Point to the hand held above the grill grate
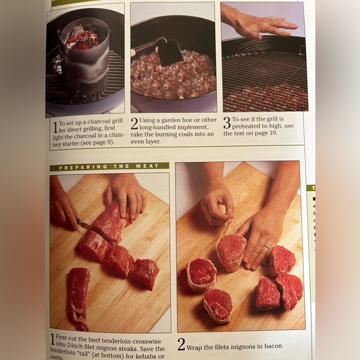(261, 25)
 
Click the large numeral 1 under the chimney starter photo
(54, 127)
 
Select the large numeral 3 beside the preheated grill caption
(227, 123)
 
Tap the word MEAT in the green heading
(150, 167)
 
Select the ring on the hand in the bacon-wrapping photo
(266, 247)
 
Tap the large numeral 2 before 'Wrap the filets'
(181, 344)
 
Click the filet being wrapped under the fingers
(231, 251)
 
